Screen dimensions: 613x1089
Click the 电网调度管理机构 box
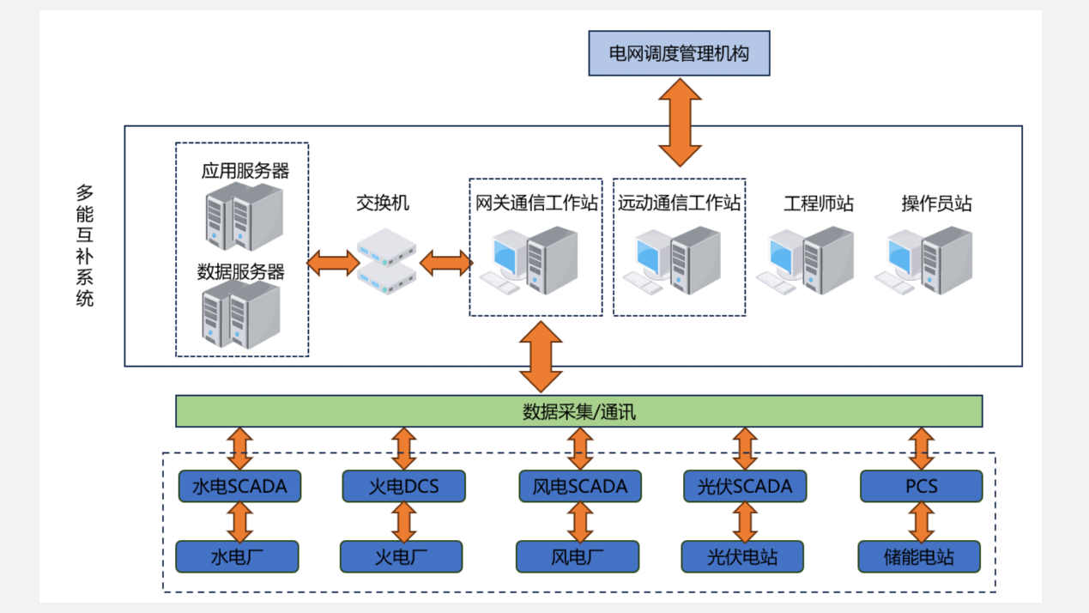[x=679, y=53]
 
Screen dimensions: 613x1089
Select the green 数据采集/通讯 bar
[x=578, y=411]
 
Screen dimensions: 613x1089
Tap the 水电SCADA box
[x=239, y=486]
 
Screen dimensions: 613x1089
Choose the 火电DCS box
[x=403, y=486]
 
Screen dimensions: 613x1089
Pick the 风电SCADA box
[x=580, y=486]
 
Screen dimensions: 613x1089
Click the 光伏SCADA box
[x=745, y=486]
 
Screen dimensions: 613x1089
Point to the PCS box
[x=921, y=486]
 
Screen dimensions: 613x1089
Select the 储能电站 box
[x=919, y=556]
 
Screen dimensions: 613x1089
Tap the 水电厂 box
[x=237, y=556]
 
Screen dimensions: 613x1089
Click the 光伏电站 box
[x=742, y=556]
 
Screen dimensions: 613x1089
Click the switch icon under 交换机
[x=387, y=261]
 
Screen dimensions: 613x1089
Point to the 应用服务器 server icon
[x=244, y=216]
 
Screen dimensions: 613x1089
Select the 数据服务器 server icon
[x=241, y=315]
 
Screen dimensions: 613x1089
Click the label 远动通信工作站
[x=679, y=203]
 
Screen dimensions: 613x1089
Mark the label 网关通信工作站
[x=536, y=203]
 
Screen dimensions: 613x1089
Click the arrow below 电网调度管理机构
[x=680, y=121]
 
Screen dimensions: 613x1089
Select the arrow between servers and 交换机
[x=333, y=262]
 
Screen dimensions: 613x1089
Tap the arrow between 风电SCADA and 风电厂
[x=580, y=521]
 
